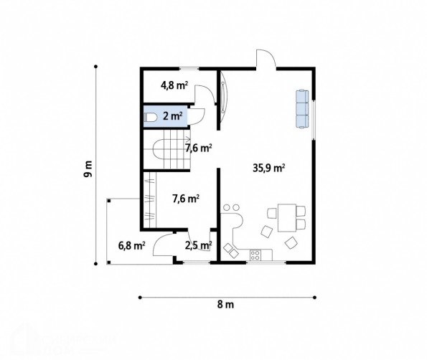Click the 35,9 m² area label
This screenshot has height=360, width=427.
269,168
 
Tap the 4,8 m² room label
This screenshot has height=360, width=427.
174,85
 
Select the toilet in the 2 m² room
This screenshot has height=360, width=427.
150,118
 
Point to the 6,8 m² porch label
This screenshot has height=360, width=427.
131,246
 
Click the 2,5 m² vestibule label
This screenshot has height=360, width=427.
199,246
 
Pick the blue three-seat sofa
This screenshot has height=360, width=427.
302,108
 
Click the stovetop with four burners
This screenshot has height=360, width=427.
255,255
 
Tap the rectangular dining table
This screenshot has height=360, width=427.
287,218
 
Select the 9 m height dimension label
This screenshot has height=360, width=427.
88,169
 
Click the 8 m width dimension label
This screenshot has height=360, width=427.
225,305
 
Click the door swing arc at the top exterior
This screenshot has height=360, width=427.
266,57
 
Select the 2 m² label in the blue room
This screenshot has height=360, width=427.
173,116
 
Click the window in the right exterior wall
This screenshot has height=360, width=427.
314,120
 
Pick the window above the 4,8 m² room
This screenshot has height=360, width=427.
189,69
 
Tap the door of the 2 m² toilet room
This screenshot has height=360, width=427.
197,116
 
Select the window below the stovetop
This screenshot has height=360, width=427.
266,262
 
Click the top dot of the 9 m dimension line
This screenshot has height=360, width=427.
95,67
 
